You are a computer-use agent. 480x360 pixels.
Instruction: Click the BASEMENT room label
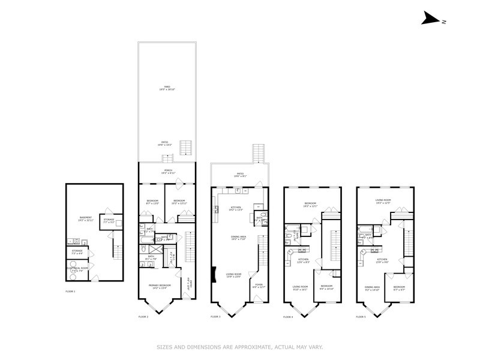pos(86,218)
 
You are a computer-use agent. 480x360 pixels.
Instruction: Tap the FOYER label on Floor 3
pos(259,286)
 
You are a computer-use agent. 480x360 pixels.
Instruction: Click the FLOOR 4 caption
pos(287,316)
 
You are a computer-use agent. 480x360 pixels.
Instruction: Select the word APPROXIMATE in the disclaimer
pos(243,347)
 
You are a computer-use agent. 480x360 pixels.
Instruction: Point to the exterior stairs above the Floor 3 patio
pos(259,152)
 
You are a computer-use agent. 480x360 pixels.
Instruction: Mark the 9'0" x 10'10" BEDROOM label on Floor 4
pos(326,289)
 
